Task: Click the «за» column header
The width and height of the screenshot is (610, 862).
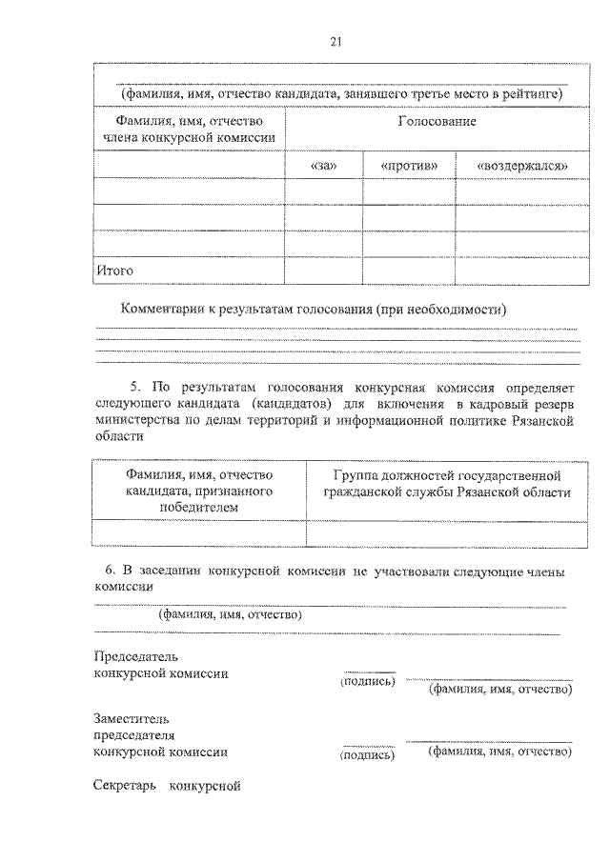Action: click(x=324, y=165)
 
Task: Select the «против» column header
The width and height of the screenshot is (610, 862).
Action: click(x=409, y=165)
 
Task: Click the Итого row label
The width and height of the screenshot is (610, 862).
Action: click(x=113, y=271)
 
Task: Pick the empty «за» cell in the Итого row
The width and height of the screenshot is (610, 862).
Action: click(x=324, y=271)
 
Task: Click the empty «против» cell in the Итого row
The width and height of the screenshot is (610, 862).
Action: click(x=409, y=271)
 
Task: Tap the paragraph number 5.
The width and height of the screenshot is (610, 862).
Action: click(x=135, y=387)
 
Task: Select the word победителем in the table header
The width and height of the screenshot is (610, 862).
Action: click(x=198, y=508)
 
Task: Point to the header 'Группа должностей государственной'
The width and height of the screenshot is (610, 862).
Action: click(x=446, y=474)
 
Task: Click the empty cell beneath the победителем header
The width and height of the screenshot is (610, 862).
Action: click(x=198, y=532)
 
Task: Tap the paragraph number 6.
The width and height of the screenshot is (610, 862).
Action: click(x=111, y=571)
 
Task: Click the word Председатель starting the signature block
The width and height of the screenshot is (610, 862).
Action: click(x=134, y=656)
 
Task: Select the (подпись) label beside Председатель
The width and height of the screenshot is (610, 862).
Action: click(x=367, y=682)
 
